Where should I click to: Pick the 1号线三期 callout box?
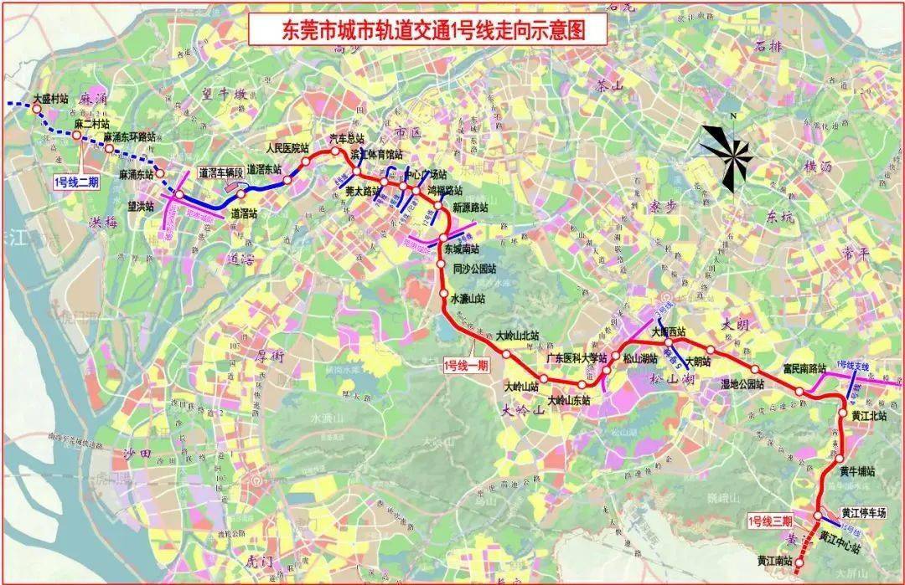coord(770,521)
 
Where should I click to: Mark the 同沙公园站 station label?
coord(474,269)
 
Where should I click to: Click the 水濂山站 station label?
coord(468,298)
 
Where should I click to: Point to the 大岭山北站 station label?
coord(517,336)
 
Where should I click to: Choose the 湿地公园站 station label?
coord(742,383)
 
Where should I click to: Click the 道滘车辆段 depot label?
coord(220,172)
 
